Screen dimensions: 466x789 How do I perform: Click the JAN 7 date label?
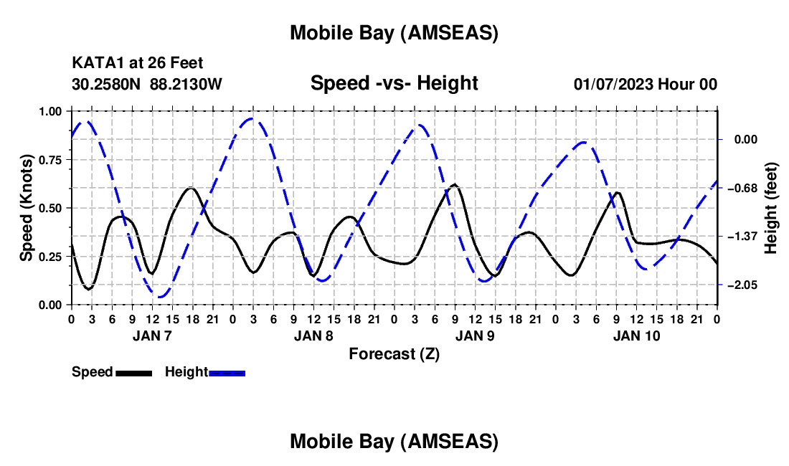click(151, 336)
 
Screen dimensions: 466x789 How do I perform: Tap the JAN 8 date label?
click(313, 336)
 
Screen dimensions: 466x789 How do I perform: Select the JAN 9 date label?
click(475, 336)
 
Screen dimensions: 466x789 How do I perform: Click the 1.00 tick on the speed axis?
click(50, 112)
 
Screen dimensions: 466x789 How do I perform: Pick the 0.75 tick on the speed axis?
click(50, 160)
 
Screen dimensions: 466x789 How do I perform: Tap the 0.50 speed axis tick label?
click(50, 209)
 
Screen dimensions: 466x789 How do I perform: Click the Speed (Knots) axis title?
click(26, 208)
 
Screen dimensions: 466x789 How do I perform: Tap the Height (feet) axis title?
click(771, 208)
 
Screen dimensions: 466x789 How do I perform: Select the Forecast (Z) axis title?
click(394, 353)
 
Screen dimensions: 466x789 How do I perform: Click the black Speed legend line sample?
click(133, 373)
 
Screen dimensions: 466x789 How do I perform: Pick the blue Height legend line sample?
click(227, 373)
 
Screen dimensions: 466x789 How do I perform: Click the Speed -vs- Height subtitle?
click(394, 83)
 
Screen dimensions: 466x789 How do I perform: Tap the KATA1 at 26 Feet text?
click(132, 64)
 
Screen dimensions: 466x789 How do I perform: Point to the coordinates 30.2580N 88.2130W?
click(147, 84)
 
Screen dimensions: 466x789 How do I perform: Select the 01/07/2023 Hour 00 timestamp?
click(645, 84)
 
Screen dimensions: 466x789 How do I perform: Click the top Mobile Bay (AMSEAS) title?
click(394, 32)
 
